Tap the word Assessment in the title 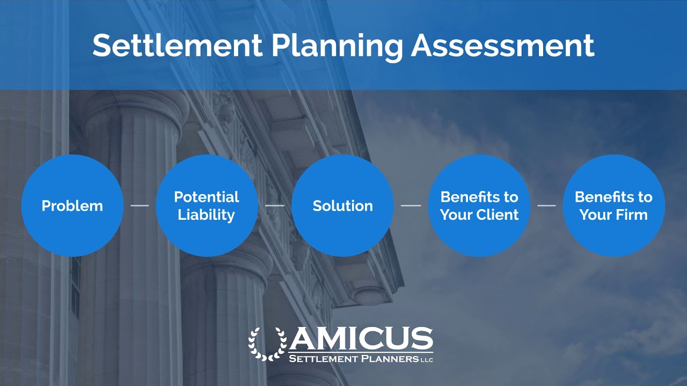click(x=503, y=45)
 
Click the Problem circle click(x=72, y=205)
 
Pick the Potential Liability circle click(x=207, y=205)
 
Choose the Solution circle click(x=342, y=205)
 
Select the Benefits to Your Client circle click(x=479, y=205)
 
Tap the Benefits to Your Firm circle click(x=613, y=205)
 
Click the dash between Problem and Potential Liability click(x=140, y=205)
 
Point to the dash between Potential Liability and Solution click(x=275, y=205)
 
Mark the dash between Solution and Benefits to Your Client click(x=411, y=205)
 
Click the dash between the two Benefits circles click(x=546, y=205)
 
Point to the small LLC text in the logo click(x=427, y=359)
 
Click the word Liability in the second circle click(x=207, y=215)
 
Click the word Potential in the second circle click(x=207, y=197)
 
